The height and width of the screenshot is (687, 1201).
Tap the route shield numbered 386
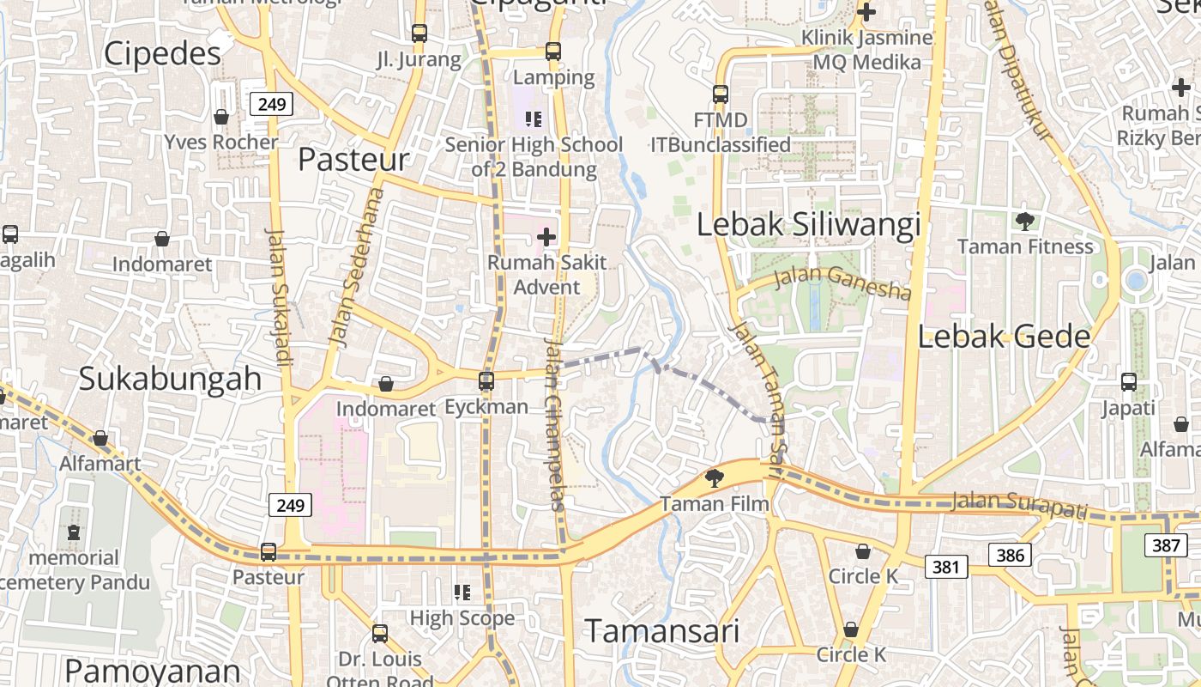[x=1010, y=555]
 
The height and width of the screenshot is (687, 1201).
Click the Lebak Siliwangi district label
[x=808, y=225]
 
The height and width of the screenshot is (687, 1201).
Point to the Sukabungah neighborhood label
[x=170, y=379]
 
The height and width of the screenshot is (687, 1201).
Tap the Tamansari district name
[x=661, y=632]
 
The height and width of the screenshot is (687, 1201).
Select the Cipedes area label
[x=162, y=54]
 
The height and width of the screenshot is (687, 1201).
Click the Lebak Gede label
[x=1004, y=337]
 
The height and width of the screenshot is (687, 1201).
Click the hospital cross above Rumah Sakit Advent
[x=546, y=236]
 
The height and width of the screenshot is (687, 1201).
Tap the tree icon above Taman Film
[x=714, y=478]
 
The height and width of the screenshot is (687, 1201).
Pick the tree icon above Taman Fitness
[x=1024, y=222]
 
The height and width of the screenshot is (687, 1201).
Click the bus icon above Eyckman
[x=486, y=380]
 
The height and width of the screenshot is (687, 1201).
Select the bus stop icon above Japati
[x=1129, y=382]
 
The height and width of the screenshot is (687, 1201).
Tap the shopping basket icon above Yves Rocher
[x=221, y=117]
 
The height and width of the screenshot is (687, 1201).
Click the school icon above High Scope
[x=462, y=592]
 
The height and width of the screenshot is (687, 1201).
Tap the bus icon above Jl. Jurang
[x=419, y=33]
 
